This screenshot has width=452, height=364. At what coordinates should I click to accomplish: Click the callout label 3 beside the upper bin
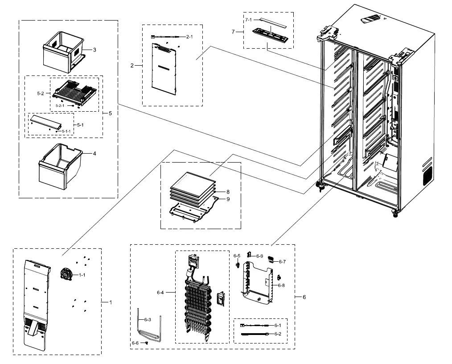click(x=94, y=50)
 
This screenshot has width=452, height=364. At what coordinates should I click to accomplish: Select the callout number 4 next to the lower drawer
click(x=94, y=154)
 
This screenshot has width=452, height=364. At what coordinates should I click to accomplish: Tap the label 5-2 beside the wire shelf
click(x=40, y=94)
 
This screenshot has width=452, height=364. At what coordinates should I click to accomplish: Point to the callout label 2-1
click(x=189, y=37)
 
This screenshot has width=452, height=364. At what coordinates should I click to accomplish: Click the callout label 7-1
click(x=248, y=20)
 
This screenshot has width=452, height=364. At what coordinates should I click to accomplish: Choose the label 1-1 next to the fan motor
click(x=82, y=275)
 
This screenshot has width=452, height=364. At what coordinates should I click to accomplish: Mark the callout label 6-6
click(x=135, y=343)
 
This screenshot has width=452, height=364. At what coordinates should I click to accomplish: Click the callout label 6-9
click(x=259, y=256)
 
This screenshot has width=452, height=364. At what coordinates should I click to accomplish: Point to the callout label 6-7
click(x=282, y=262)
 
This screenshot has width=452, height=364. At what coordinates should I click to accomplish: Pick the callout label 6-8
click(x=281, y=285)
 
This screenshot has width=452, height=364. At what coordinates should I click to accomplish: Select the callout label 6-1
click(x=278, y=325)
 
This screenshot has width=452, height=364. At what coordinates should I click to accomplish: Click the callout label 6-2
click(x=278, y=334)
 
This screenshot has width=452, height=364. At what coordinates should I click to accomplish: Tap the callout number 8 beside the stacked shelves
click(x=227, y=192)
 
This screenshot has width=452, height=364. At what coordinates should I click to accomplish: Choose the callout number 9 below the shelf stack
click(x=227, y=199)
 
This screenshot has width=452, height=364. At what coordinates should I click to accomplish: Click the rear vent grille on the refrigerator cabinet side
click(x=427, y=176)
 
